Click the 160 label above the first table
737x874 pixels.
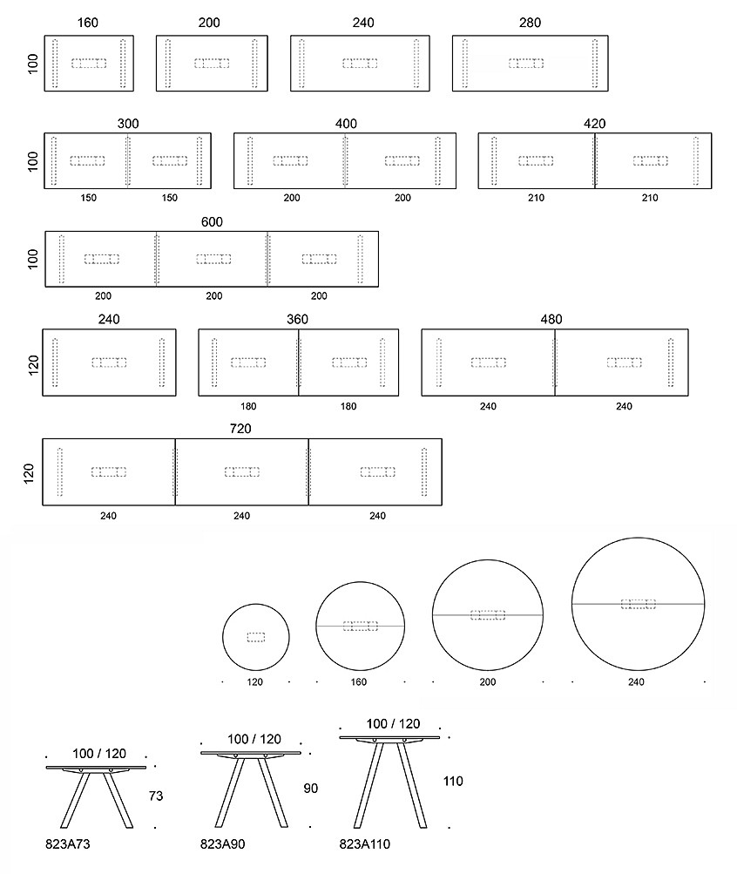(87, 23)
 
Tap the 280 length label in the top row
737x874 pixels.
(530, 23)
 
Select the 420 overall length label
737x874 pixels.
(594, 124)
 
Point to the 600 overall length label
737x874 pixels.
(212, 222)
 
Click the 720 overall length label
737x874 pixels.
(240, 429)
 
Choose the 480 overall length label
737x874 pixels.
(551, 320)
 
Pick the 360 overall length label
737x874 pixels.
(297, 320)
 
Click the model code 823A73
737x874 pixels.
(67, 844)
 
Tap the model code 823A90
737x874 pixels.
(222, 844)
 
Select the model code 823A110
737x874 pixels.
(365, 844)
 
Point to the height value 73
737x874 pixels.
(156, 796)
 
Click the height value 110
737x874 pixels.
(453, 782)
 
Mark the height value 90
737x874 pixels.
(310, 788)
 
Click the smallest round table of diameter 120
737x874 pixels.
(256, 604)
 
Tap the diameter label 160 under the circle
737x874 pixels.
(359, 681)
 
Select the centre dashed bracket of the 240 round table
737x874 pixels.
(638, 604)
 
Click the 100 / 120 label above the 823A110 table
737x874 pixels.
(393, 724)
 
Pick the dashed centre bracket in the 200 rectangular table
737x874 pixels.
(212, 64)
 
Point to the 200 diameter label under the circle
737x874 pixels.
(488, 681)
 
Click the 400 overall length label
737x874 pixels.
(346, 124)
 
